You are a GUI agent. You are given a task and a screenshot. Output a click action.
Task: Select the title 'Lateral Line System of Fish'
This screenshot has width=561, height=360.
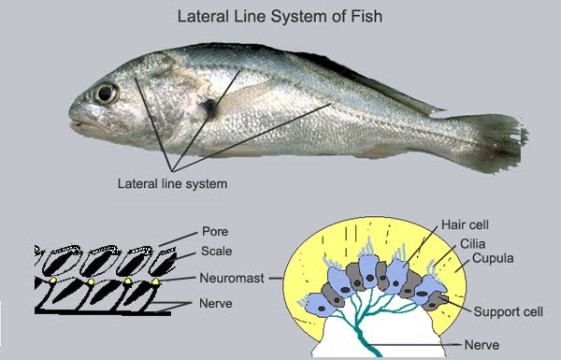[280, 16]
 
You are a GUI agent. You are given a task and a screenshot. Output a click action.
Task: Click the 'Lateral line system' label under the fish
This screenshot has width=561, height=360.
[172, 183]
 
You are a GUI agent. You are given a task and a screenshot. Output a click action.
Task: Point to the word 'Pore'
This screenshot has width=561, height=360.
[215, 231]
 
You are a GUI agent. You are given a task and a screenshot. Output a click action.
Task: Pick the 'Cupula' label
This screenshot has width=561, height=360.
[490, 257]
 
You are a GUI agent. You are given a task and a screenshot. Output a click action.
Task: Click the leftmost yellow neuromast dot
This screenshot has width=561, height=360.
[53, 281]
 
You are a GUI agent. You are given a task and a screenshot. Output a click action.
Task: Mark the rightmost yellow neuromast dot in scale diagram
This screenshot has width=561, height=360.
[155, 281]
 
